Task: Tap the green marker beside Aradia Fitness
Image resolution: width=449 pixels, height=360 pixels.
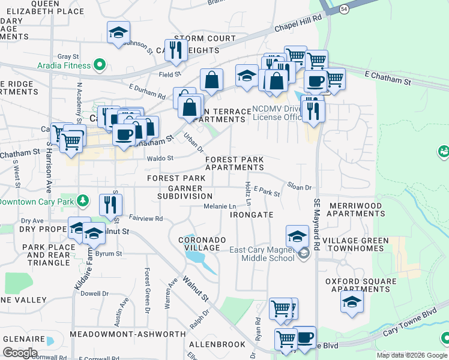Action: coord(99,64)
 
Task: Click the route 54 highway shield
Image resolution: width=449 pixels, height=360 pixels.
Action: coord(343,9)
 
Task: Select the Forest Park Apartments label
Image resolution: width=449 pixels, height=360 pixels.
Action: coord(235,163)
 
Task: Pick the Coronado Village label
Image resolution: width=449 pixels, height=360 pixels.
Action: coord(202,244)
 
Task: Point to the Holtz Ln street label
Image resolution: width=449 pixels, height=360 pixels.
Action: coord(247,192)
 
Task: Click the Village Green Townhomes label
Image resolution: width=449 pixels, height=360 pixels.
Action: coord(355,245)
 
